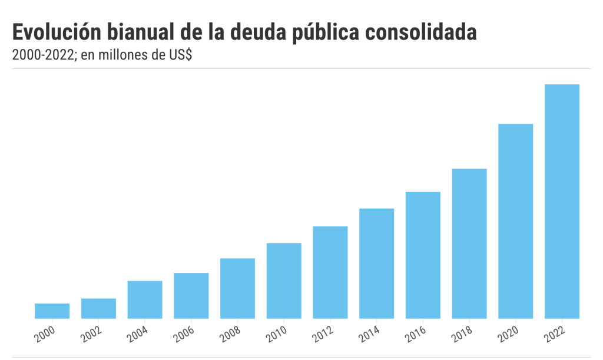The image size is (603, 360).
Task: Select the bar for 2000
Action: [52, 311]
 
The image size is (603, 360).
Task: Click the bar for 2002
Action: [98, 308]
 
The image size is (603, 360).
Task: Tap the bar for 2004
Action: [145, 299]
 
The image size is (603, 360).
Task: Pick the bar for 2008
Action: [237, 288]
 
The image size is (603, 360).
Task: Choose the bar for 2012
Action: [330, 272]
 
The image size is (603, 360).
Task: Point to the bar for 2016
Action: [423, 255]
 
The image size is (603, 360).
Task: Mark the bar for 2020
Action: [516, 221]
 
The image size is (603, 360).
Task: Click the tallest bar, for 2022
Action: [562, 202]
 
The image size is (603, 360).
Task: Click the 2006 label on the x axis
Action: [184, 334]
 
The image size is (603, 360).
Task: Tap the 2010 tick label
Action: [277, 334]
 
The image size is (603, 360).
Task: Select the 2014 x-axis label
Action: [369, 334]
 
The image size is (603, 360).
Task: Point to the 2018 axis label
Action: [462, 334]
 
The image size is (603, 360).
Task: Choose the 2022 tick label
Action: [555, 334]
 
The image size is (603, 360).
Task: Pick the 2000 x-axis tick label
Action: [45, 334]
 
